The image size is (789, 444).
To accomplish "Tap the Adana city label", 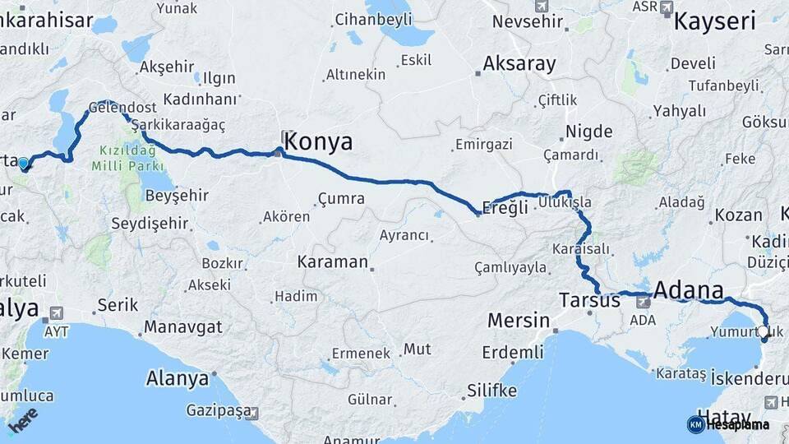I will tap(689, 290).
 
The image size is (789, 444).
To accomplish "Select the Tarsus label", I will tap(589, 300).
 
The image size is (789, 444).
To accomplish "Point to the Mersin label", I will tap(518, 319).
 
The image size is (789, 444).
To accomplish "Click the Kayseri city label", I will tap(714, 21).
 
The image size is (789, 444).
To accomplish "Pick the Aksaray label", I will tap(519, 63).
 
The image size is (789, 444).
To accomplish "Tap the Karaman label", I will tap(332, 262).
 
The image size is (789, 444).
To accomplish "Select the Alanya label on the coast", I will tap(178, 379).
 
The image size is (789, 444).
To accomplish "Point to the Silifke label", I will tap(491, 390).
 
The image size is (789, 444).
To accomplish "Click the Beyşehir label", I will tap(177, 196).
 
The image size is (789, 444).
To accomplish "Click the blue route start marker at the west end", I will tap(23, 163).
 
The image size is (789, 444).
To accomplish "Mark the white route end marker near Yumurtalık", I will tap(764, 331).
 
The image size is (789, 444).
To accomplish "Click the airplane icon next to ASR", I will tap(666, 7).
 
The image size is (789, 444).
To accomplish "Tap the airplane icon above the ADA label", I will tap(643, 302).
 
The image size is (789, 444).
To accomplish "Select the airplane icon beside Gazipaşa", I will tap(252, 413).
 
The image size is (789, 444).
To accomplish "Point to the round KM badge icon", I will tap(696, 424).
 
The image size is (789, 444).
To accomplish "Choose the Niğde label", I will tap(589, 132).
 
